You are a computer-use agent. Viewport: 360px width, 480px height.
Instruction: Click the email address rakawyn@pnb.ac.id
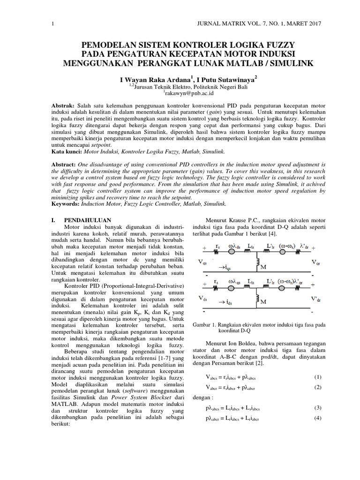tap(180, 93)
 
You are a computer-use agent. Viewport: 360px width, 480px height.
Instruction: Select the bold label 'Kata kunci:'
tap(65, 152)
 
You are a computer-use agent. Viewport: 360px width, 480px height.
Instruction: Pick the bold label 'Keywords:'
tap(66, 204)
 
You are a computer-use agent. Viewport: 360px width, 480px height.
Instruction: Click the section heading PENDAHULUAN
tap(87, 219)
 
